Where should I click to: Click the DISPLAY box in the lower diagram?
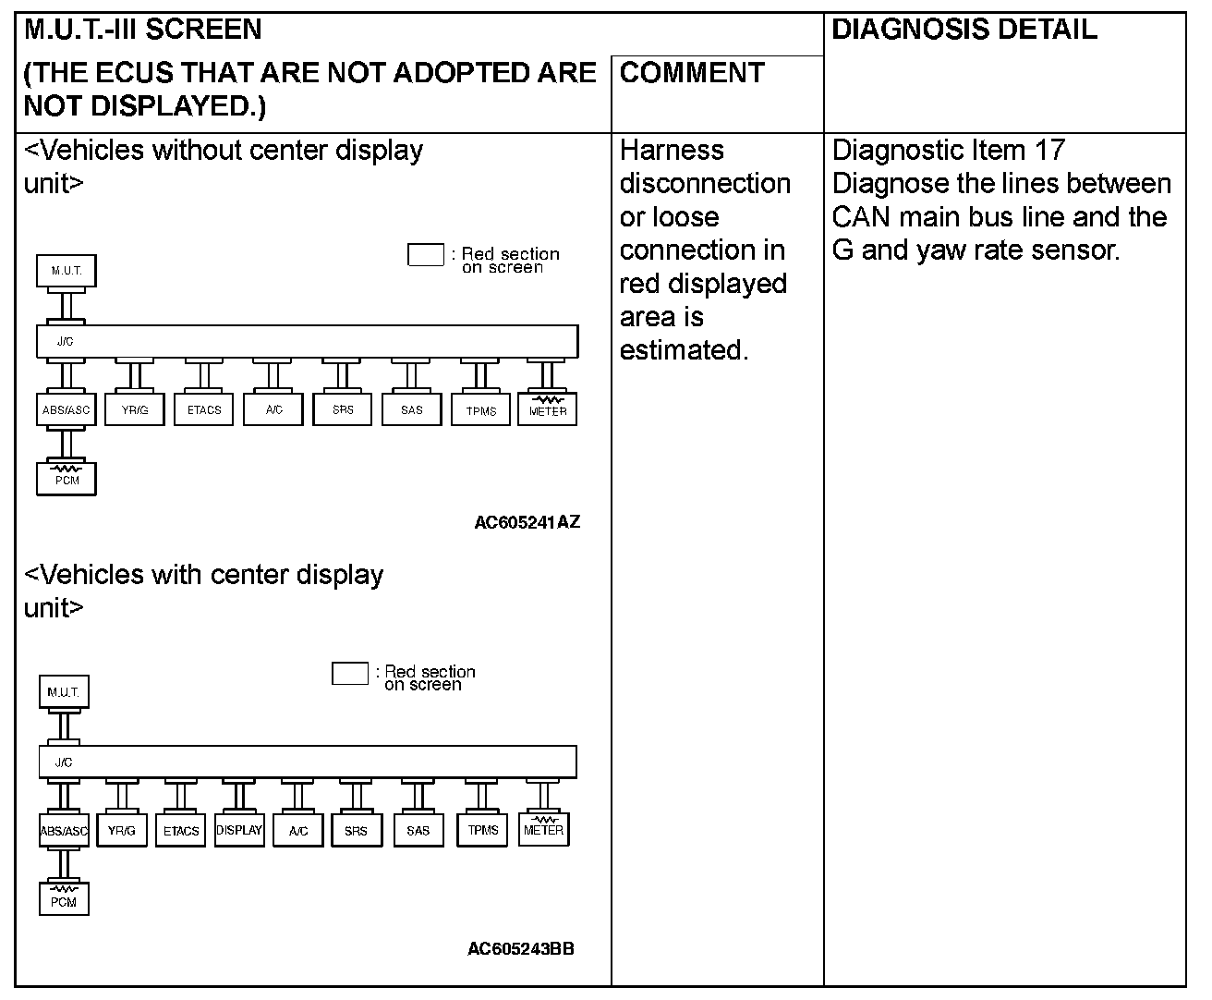coord(239,830)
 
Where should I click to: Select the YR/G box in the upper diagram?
coord(135,409)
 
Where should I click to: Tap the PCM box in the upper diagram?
coord(67,479)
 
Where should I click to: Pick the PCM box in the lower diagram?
coord(64,900)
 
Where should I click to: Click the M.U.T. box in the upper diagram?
coord(67,271)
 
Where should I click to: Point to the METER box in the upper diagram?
coord(548,409)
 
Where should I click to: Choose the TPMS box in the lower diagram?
coord(482,830)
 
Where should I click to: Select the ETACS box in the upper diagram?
coord(204,409)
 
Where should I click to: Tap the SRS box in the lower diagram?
coord(356,830)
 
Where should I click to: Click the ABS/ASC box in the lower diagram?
coord(64,830)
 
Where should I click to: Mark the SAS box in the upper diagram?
coord(412,409)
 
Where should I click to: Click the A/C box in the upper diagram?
coord(273,409)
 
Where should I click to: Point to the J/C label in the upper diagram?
coord(65,341)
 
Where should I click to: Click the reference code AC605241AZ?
coord(527,522)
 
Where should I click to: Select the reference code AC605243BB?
coord(521,949)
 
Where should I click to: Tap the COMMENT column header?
coord(692,73)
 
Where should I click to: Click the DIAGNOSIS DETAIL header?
coord(964,30)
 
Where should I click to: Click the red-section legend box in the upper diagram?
coord(426,254)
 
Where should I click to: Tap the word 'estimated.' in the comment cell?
coord(684,350)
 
